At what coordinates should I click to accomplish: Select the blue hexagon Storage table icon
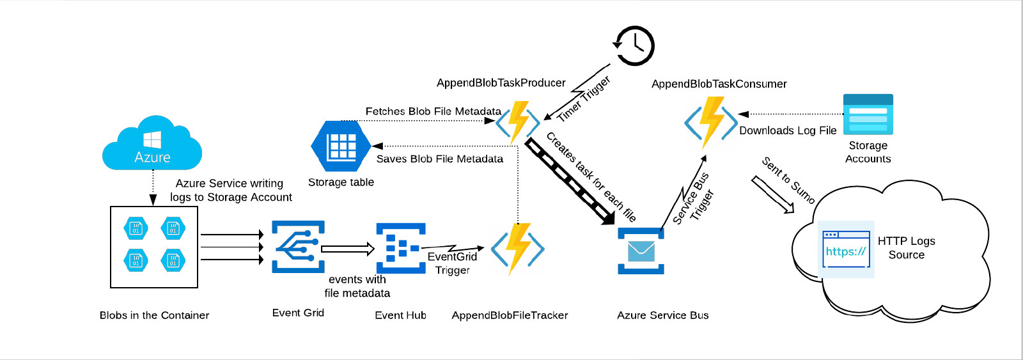[341, 146]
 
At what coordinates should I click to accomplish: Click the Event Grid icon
[298, 247]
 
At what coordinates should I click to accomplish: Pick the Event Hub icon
[401, 248]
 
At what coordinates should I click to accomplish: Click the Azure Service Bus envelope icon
[641, 251]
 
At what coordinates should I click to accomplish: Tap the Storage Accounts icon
[868, 114]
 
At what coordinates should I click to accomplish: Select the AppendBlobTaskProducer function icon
[519, 122]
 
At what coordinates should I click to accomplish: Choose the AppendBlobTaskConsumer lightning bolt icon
[711, 121]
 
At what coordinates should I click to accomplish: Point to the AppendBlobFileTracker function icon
[518, 249]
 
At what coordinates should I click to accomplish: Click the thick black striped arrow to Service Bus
[568, 180]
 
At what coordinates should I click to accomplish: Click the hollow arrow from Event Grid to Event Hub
[347, 249]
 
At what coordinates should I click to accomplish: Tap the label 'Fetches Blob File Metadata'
[433, 111]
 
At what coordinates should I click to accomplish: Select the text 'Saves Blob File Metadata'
[439, 159]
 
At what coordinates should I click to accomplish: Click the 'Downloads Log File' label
[788, 130]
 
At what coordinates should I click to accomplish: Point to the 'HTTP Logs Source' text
[906, 247]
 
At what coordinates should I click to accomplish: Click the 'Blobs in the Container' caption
[154, 315]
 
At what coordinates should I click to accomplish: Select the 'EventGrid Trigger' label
[452, 263]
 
